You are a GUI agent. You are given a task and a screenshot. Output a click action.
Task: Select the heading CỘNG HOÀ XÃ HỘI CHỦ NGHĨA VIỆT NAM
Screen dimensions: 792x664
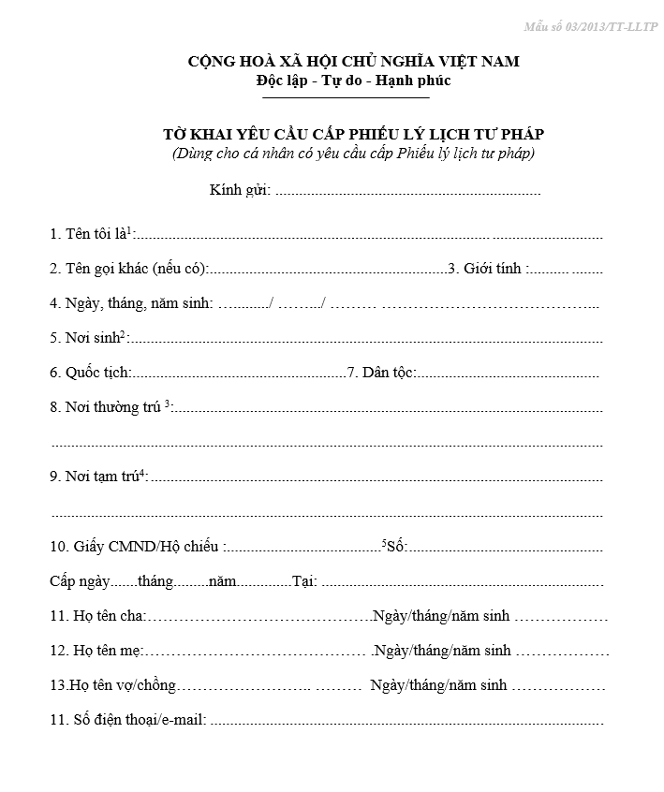[x=353, y=62]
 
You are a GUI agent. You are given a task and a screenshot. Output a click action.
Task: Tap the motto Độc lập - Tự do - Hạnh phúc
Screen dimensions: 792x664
[x=353, y=81]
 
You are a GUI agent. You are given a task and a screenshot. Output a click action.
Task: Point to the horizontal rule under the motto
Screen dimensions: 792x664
[x=346, y=97]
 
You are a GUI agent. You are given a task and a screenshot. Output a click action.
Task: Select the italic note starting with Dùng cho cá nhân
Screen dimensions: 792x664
[x=353, y=153]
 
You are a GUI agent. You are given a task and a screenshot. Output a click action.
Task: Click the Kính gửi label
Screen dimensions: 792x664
[x=240, y=191]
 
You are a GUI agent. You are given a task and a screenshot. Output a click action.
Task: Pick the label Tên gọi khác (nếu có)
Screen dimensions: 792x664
[x=128, y=269]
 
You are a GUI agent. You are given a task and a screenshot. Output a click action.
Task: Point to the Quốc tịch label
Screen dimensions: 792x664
[x=90, y=373]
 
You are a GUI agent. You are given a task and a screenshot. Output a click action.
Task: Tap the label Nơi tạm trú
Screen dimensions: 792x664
[x=98, y=477]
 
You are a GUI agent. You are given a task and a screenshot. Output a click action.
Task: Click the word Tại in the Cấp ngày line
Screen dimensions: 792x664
[x=304, y=581]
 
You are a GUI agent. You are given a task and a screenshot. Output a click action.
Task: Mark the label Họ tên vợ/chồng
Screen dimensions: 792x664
[x=112, y=685]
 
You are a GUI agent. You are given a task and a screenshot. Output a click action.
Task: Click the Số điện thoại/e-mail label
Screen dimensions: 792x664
[x=127, y=720]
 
